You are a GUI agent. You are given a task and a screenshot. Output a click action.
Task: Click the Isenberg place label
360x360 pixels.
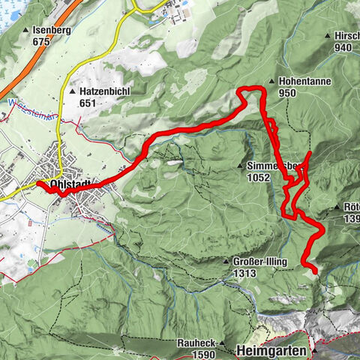[x=50, y=30]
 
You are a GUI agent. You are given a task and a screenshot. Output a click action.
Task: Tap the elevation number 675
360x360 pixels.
[x=41, y=41]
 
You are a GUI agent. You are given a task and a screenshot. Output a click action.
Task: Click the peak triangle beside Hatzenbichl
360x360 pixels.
[x=73, y=90]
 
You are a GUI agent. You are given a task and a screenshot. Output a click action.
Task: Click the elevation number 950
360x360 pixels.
[x=286, y=94]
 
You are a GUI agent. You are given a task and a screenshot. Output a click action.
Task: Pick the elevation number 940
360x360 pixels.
[x=345, y=46]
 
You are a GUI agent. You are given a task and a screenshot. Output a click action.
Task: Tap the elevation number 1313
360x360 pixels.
[x=244, y=273]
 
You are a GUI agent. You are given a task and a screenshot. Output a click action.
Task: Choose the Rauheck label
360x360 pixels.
[x=196, y=343]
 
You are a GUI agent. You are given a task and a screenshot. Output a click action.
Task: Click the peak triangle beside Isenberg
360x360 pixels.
[x=26, y=30]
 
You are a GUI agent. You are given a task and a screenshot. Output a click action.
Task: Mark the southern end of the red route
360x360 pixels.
[x=314, y=271]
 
